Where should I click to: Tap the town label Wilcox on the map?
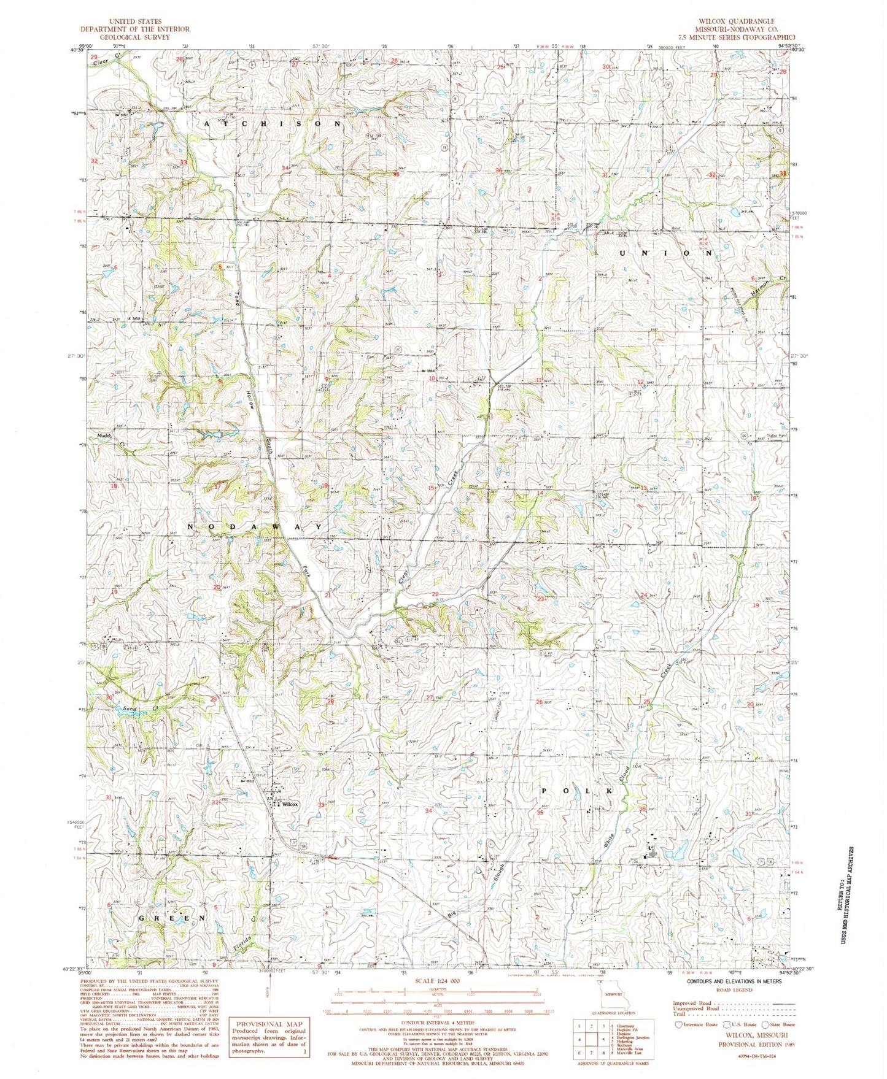(x=290, y=804)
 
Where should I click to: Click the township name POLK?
(x=576, y=791)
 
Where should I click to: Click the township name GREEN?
(x=171, y=918)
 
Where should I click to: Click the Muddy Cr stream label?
(x=108, y=438)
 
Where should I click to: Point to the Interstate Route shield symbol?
(x=678, y=1024)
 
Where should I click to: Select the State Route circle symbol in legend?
(x=765, y=1024)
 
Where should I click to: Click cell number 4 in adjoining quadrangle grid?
(x=580, y=1039)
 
